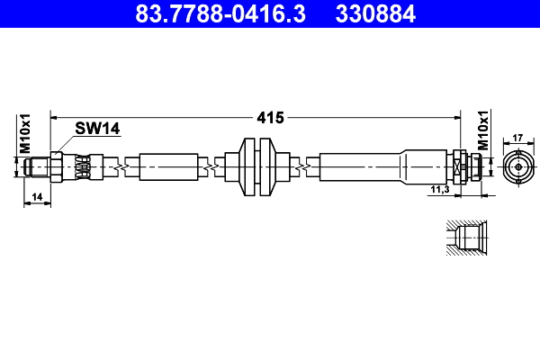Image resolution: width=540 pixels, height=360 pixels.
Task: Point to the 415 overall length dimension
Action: pos(270,117)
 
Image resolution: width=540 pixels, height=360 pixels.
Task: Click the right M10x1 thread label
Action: pos(482,131)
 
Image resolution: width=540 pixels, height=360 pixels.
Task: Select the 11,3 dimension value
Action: pos(440,189)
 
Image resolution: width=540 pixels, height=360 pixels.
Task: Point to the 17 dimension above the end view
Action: pos(517,138)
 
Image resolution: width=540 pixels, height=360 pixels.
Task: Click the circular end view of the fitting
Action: pos(517,167)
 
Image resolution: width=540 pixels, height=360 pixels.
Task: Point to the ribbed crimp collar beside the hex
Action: pos(83,167)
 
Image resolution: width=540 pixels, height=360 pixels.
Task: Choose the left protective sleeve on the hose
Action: pos(167,167)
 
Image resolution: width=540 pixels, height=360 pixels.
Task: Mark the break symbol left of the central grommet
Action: pos(211,167)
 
